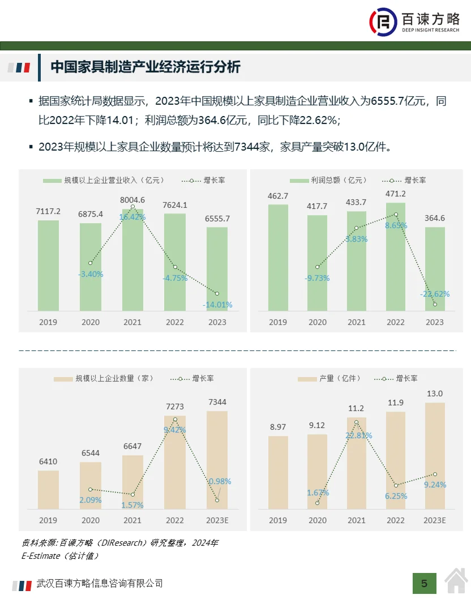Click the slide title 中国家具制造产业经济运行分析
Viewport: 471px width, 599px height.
pos(145,67)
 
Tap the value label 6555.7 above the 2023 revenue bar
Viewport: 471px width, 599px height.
pos(217,219)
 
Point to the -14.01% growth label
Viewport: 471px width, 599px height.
pos(217,305)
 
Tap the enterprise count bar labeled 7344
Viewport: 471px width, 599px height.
pos(217,460)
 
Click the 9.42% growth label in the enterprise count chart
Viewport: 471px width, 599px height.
pos(174,430)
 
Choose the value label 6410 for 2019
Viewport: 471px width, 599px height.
pos(48,461)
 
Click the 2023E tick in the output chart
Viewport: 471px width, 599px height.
pos(434,520)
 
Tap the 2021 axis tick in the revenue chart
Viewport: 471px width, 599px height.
pos(132,322)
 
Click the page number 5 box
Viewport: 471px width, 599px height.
pos(425,583)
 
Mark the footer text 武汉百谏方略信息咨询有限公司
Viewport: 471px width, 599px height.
pos(100,583)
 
